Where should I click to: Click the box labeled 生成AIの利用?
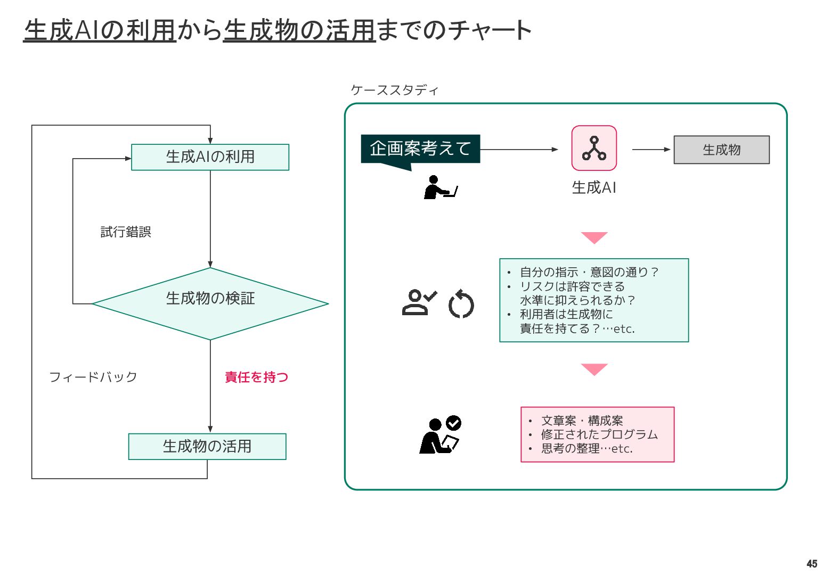point(210,157)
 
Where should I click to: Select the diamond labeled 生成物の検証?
point(210,303)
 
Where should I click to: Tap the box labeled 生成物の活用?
point(207,446)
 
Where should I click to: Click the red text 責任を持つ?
point(256,377)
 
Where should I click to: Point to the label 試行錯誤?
point(126,232)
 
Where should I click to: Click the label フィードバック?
point(93,377)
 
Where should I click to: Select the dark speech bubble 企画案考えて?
point(420,149)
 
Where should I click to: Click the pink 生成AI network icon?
point(594,148)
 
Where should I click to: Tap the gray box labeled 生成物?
point(721,150)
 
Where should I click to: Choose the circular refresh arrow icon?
point(461,304)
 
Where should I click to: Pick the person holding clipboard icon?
point(439,435)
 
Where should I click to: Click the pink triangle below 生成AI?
point(594,237)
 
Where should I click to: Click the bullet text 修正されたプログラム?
point(599,434)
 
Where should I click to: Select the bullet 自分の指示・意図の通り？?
point(589,272)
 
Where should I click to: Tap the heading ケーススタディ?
point(394,90)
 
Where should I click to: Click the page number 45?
point(812,564)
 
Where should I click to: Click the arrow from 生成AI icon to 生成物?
point(651,150)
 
